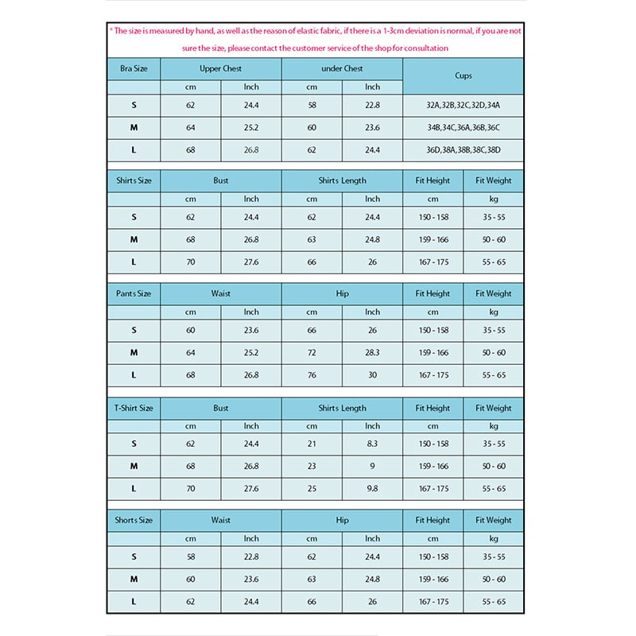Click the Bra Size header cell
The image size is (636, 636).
(x=134, y=69)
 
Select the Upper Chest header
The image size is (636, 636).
(x=221, y=69)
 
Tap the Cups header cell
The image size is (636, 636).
(x=463, y=76)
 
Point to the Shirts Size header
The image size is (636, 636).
(x=134, y=180)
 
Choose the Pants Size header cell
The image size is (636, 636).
(x=134, y=293)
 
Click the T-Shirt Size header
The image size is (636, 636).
(x=134, y=408)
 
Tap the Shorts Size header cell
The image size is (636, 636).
(x=134, y=520)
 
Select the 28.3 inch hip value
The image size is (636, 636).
(x=373, y=352)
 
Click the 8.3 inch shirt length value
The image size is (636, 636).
(x=373, y=444)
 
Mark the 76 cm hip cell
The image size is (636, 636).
(x=312, y=374)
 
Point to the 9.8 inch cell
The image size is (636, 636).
(x=373, y=488)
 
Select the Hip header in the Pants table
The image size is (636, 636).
(x=342, y=293)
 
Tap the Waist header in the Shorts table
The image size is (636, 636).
(x=221, y=520)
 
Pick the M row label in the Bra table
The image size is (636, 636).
(x=134, y=127)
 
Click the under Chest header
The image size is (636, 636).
(x=342, y=69)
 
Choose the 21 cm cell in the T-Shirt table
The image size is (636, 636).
(x=312, y=444)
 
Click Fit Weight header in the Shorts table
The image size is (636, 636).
(x=494, y=520)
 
